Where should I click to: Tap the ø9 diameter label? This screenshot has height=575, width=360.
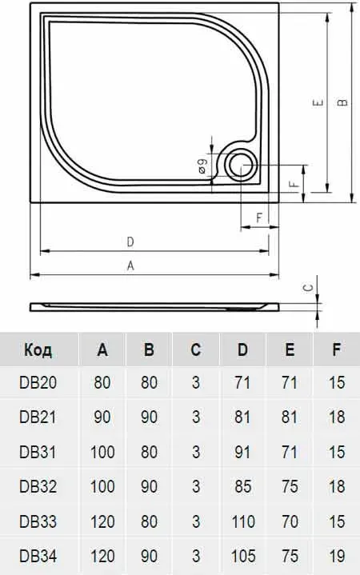202,166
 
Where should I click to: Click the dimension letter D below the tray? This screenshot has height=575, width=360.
130,242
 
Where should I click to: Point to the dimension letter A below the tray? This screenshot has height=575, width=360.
130,266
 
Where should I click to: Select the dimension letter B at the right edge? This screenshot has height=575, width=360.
342,102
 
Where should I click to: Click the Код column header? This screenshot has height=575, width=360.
38,349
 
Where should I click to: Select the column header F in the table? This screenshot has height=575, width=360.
336,349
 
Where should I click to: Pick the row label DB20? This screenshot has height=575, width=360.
38,382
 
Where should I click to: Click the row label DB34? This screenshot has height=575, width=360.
38,556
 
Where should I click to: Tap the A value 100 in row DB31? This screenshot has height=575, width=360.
102,452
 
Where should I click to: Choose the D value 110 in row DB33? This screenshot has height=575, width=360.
242,521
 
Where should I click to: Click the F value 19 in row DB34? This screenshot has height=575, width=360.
337,556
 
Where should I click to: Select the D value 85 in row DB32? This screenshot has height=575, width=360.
242,486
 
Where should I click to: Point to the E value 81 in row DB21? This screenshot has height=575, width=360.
290,417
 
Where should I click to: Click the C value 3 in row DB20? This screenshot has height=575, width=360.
196,382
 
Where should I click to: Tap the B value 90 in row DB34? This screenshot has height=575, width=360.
149,556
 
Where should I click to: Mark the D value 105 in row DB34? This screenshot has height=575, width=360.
242,556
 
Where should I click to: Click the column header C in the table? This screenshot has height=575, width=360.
196,349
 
